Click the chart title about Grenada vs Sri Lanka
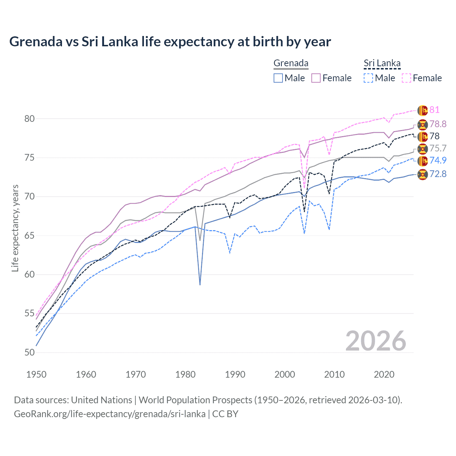pyautogui.click(x=170, y=42)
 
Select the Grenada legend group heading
pyautogui.click(x=291, y=63)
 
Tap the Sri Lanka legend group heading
pyautogui.click(x=382, y=63)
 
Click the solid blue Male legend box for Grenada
pyautogui.click(x=278, y=78)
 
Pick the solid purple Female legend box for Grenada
pyautogui.click(x=316, y=78)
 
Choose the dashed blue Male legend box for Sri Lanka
pyautogui.click(x=368, y=78)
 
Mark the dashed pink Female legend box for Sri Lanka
pyautogui.click(x=406, y=78)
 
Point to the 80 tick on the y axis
pyautogui.click(x=30, y=119)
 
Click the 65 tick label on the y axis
pyautogui.click(x=30, y=235)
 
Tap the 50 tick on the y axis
pyautogui.click(x=30, y=352)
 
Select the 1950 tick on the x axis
pyautogui.click(x=36, y=374)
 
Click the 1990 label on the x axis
pyautogui.click(x=235, y=374)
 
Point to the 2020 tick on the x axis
pyautogui.click(x=384, y=374)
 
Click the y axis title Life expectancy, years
pyautogui.click(x=15, y=228)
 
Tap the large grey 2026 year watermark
pyautogui.click(x=375, y=341)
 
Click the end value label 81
pyautogui.click(x=434, y=110)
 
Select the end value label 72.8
pyautogui.click(x=438, y=174)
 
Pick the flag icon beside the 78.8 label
pyautogui.click(x=423, y=124)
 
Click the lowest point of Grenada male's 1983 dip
pyautogui.click(x=200, y=285)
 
